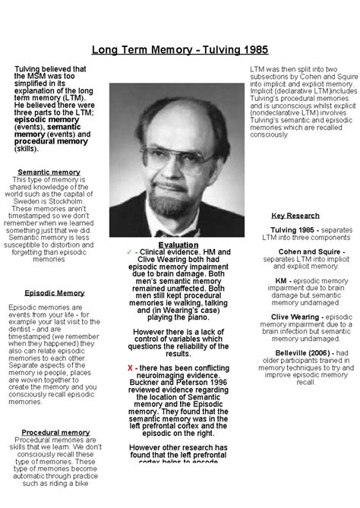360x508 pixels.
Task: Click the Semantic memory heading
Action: click(49, 172)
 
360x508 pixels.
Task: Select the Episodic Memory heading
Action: click(55, 292)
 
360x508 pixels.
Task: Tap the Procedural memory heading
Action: click(55, 432)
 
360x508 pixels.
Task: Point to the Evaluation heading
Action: click(178, 245)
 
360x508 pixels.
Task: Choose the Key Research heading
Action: click(295, 216)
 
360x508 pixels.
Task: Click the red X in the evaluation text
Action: click(131, 368)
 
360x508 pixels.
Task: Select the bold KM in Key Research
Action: click(280, 280)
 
